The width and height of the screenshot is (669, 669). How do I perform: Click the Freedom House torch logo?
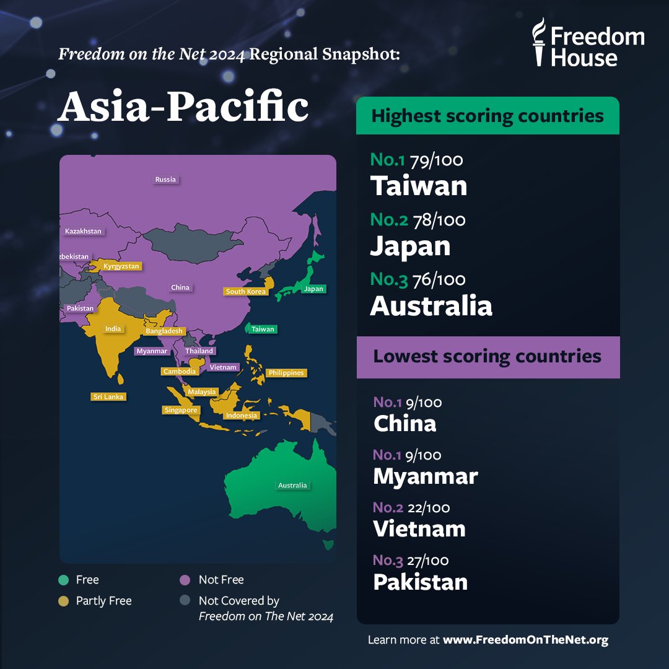pyautogui.click(x=540, y=42)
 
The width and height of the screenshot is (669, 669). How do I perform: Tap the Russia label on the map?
pyautogui.click(x=165, y=180)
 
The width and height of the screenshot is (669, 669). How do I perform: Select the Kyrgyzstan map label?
pyautogui.click(x=122, y=266)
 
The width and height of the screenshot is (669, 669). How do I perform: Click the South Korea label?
pyautogui.click(x=246, y=291)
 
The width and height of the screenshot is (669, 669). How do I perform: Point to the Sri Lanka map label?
pyautogui.click(x=108, y=396)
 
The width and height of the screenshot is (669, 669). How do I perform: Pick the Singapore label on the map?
pyautogui.click(x=181, y=410)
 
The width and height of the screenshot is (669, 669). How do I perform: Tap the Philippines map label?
pyautogui.click(x=286, y=373)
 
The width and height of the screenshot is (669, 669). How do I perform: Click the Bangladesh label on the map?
pyautogui.click(x=164, y=331)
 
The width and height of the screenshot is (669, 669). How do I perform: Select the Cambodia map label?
pyautogui.click(x=180, y=372)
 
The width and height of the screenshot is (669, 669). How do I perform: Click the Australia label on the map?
pyautogui.click(x=292, y=486)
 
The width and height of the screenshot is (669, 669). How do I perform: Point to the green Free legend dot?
pyautogui.click(x=63, y=580)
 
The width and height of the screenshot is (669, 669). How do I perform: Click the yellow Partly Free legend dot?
pyautogui.click(x=63, y=601)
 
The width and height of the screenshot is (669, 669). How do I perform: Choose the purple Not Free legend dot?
pyautogui.click(x=185, y=580)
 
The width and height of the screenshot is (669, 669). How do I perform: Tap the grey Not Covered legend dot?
pyautogui.click(x=185, y=601)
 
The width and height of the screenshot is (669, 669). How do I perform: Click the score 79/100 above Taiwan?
pyautogui.click(x=436, y=160)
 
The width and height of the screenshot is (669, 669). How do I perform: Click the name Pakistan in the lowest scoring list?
pyautogui.click(x=420, y=582)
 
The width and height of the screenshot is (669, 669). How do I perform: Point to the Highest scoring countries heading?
pyautogui.click(x=488, y=116)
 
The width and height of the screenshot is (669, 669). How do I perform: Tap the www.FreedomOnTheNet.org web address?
pyautogui.click(x=525, y=640)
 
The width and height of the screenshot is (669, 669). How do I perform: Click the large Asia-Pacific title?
pyautogui.click(x=183, y=108)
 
